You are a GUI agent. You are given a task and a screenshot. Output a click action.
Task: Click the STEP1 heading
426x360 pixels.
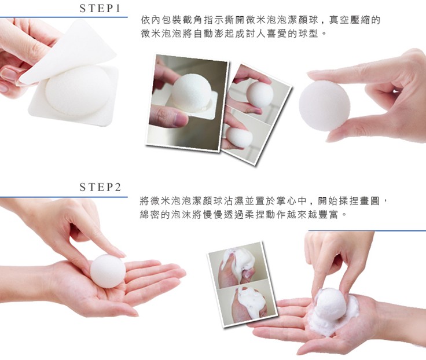pos(100,9)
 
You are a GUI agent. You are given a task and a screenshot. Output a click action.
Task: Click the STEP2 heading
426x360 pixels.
pos(100,187)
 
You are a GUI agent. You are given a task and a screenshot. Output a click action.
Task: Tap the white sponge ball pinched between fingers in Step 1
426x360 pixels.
pos(324,106)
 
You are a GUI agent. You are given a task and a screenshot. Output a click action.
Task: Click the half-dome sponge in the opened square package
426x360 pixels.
pos(78,90)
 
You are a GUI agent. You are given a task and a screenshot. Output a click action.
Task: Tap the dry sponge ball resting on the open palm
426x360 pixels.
pos(108,271)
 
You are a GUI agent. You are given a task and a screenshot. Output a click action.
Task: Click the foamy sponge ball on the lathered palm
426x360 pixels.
pos(330,304)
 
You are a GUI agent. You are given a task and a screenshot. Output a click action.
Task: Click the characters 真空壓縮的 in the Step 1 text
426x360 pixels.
pos(355,20)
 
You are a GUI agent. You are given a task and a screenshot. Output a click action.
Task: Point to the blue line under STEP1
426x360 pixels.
pos(64,17)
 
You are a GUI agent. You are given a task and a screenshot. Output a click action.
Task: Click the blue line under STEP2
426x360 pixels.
pos(64,197)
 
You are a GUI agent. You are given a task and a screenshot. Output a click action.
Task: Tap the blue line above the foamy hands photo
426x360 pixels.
pos(367,231)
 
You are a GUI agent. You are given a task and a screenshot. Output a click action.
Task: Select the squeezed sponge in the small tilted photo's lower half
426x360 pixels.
pos(238,138)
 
